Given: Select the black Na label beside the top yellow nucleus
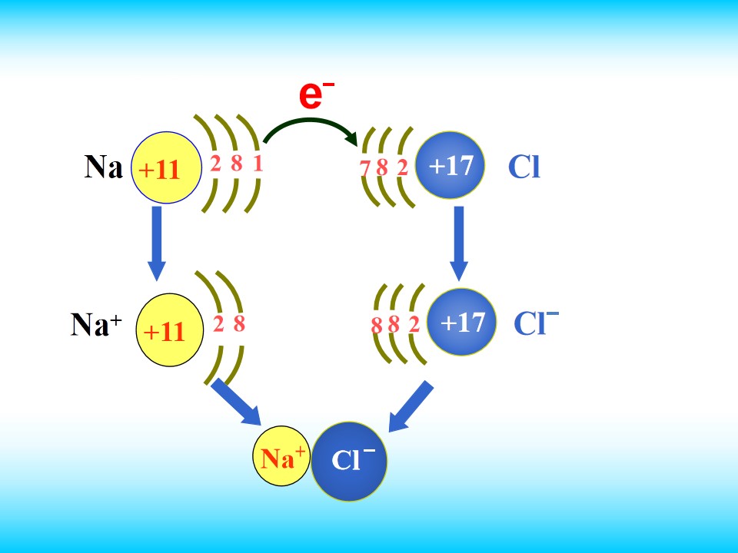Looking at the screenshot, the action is click(104, 167).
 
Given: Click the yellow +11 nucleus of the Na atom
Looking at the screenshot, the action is click(166, 167).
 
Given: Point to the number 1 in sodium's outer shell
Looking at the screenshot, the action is click(258, 163).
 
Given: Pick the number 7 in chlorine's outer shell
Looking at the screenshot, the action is click(364, 167).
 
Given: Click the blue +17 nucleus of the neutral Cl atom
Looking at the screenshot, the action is click(450, 165).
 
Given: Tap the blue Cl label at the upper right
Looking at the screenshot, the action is click(524, 167).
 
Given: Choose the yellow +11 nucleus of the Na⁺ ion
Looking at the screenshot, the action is click(169, 330).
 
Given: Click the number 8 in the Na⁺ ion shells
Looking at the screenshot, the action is click(239, 323).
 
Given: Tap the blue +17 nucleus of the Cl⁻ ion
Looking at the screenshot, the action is click(462, 322).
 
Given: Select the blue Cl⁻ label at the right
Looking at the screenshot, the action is click(536, 323).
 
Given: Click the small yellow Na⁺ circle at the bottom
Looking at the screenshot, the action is click(281, 456).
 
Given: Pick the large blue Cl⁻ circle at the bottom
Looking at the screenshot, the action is click(349, 462).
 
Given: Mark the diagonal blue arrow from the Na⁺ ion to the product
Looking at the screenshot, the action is click(236, 402).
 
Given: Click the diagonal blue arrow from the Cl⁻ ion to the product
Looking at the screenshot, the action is click(411, 406).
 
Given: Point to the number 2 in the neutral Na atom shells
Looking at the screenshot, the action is click(215, 164).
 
